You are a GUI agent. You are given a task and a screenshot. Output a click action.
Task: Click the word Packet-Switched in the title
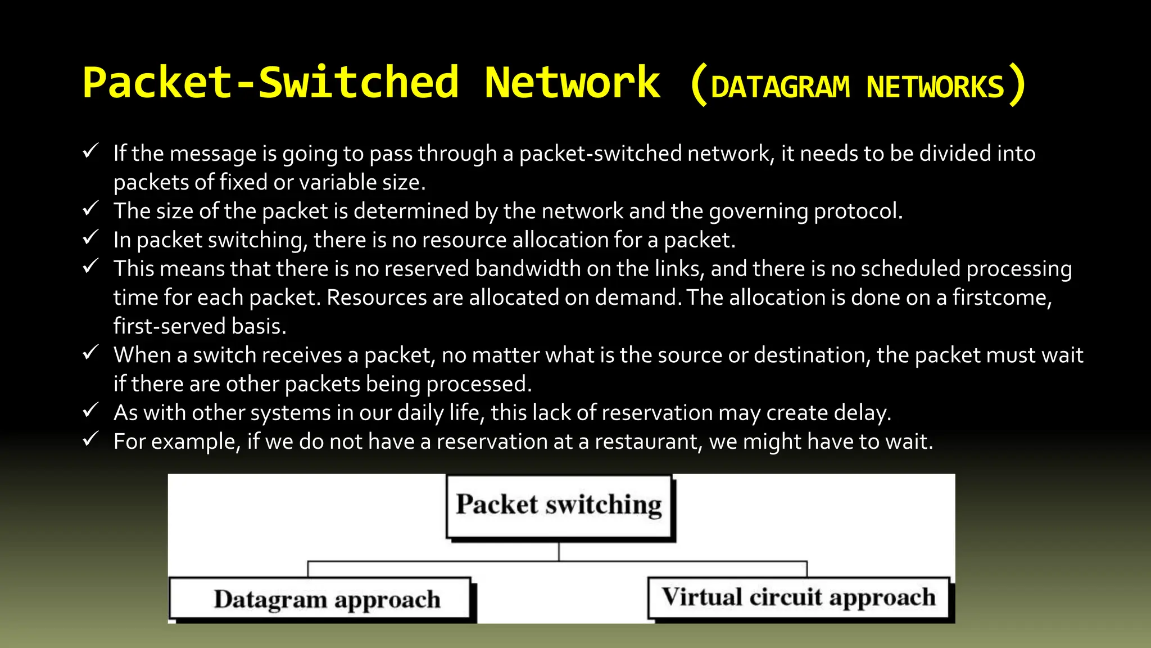tap(270, 83)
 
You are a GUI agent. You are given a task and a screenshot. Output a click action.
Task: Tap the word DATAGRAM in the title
tap(780, 88)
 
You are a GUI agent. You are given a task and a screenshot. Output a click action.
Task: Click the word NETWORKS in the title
tap(935, 88)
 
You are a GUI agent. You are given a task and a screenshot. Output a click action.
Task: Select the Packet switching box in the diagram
tap(559, 506)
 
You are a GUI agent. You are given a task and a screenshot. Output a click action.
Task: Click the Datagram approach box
tap(320, 598)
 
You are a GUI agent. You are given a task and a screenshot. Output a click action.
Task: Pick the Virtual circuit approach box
tap(798, 597)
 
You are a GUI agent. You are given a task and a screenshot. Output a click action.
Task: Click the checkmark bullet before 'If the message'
tap(90, 151)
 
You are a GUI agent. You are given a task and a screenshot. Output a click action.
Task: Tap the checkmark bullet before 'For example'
tap(90, 439)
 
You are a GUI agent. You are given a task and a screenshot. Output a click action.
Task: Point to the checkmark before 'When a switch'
tap(90, 353)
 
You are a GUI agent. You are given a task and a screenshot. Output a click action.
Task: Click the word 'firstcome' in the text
tap(1001, 298)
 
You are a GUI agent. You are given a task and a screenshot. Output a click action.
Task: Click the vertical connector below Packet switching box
tap(559, 551)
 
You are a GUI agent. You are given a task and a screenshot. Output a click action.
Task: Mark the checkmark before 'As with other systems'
tap(90, 410)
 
